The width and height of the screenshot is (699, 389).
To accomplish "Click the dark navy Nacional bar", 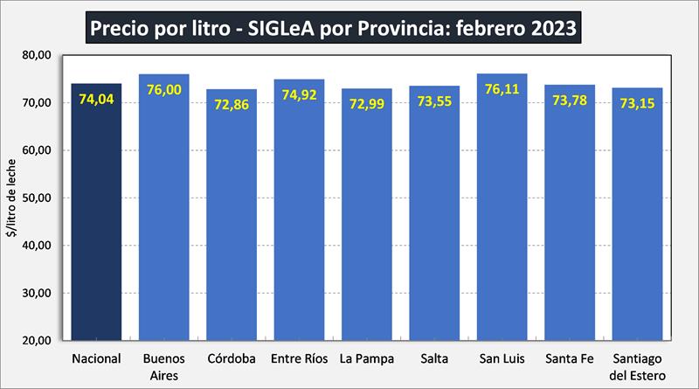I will (96, 219).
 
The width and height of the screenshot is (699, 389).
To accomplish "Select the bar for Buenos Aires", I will (163, 219).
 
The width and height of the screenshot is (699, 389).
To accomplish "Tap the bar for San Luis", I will (502, 219).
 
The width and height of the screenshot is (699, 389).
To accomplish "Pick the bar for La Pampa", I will (367, 219).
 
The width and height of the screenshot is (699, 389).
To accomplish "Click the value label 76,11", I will (502, 90).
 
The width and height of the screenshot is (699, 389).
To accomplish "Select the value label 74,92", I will (299, 96).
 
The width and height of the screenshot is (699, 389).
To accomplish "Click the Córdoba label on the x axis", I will (232, 358).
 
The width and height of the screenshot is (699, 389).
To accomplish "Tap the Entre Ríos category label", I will (299, 358).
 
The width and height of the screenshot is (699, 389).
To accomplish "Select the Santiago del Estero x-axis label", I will (638, 365).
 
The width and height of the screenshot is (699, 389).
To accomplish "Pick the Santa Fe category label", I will (570, 358).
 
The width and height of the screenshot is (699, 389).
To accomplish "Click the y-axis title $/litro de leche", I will (12, 198).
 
